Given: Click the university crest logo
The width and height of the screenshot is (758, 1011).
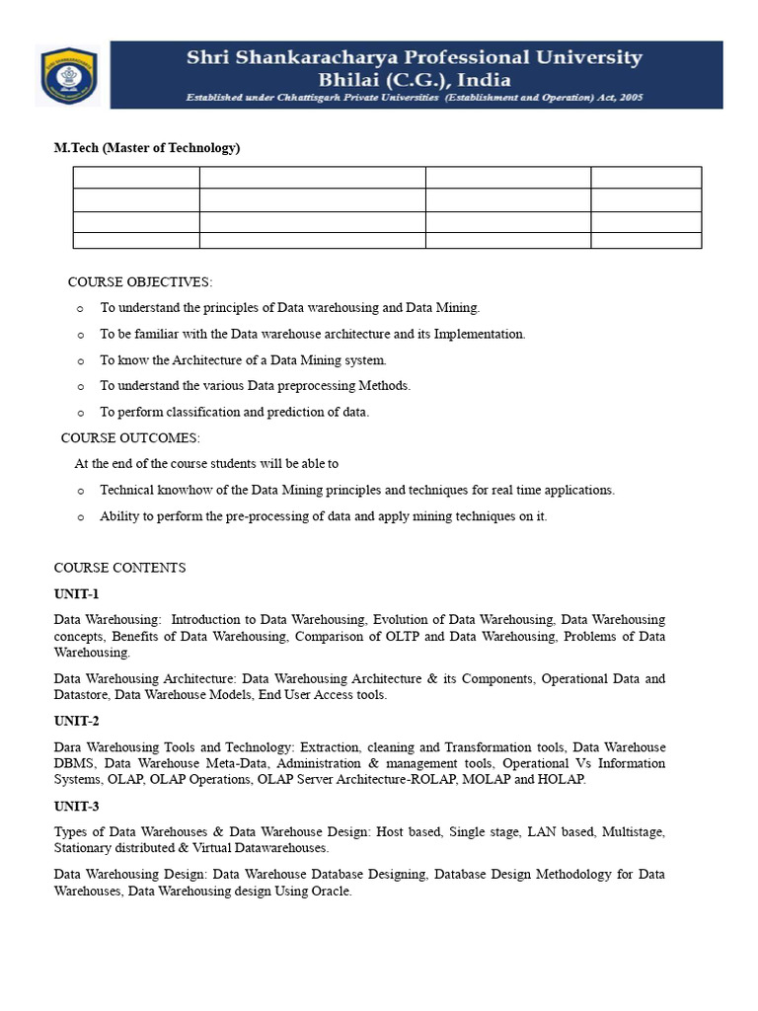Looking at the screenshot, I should (68, 76).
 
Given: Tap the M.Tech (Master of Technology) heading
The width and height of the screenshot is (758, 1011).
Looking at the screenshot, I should (147, 148).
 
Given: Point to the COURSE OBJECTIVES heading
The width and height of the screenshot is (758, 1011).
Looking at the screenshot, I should (139, 282).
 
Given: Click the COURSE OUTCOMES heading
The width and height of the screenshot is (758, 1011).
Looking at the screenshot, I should (130, 437).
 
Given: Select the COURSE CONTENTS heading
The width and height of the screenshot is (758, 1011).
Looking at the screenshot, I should (119, 568).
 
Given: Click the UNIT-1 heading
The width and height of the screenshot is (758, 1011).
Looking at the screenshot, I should (77, 594).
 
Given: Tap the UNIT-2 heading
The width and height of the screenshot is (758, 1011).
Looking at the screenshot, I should (77, 721).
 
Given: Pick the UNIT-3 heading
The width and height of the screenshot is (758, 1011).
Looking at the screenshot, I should (77, 806).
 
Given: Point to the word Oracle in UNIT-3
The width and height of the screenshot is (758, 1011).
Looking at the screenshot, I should (331, 892).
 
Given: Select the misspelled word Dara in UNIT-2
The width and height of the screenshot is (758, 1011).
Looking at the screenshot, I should (68, 747).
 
